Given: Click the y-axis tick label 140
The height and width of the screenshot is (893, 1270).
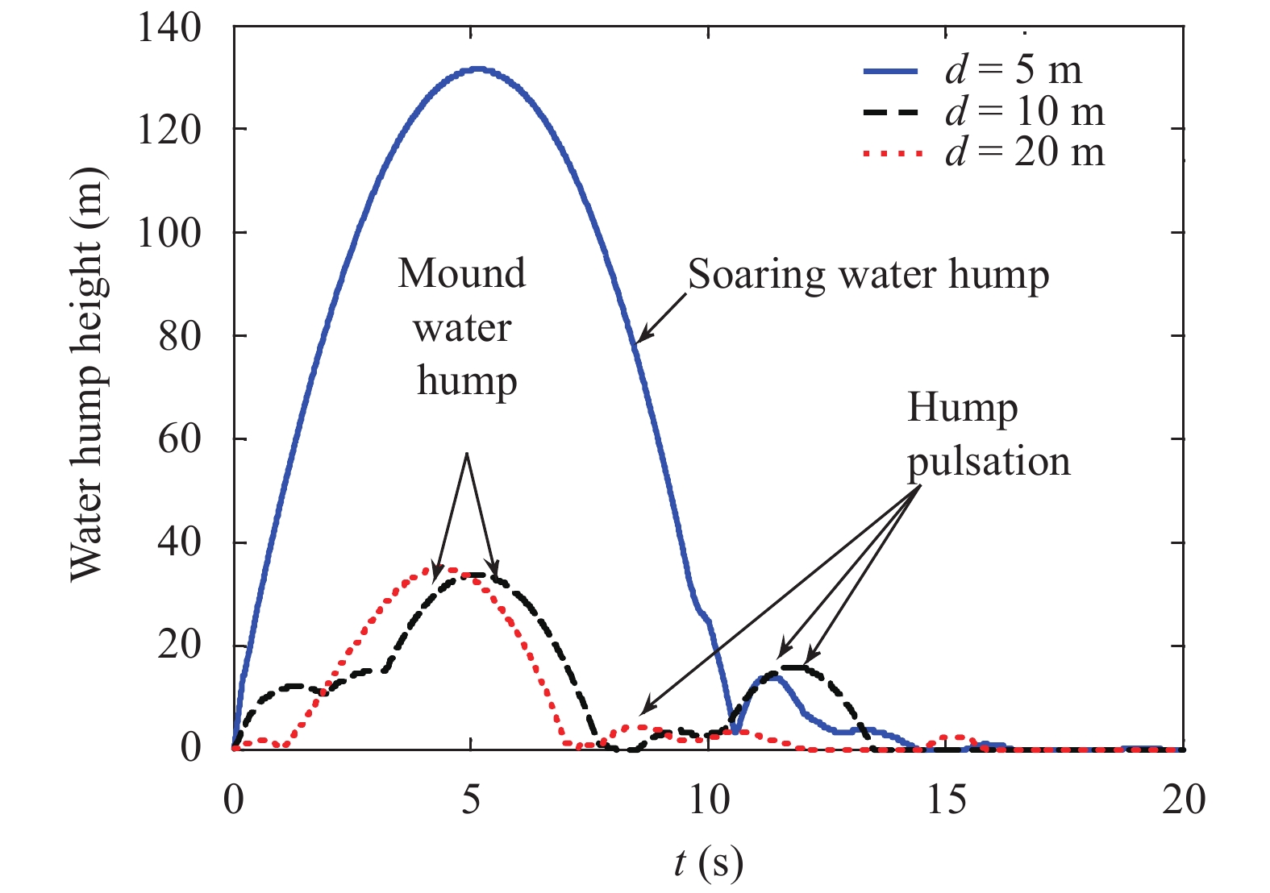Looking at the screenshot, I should click(169, 27).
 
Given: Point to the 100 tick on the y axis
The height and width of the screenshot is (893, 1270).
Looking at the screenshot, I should click(169, 234).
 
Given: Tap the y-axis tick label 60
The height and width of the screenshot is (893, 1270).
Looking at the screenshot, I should click(180, 440).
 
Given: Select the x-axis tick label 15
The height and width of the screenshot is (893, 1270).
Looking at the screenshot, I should click(946, 800).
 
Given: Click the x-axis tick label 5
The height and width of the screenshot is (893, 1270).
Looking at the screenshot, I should click(471, 800).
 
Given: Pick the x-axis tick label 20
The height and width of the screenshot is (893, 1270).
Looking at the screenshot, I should click(1183, 800).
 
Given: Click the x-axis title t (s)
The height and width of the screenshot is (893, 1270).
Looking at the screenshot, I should click(708, 863).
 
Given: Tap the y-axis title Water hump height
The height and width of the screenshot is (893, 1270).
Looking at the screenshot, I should click(87, 374).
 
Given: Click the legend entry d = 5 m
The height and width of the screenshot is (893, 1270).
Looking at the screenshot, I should click(1013, 70).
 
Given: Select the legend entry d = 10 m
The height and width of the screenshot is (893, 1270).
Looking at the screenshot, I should click(1024, 111).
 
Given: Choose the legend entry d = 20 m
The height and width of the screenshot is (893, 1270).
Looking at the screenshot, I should click(1024, 152).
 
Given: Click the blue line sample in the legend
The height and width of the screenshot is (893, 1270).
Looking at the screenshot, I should click(890, 71).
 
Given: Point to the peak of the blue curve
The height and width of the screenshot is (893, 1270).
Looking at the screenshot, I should click(477, 69).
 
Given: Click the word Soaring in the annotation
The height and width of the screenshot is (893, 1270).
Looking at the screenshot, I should click(756, 274).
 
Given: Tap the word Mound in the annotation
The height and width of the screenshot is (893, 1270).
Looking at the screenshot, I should click(461, 274).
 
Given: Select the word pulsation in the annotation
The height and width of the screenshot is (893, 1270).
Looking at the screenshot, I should click(989, 463).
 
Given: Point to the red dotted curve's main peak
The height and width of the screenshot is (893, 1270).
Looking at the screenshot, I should click(448, 570).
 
